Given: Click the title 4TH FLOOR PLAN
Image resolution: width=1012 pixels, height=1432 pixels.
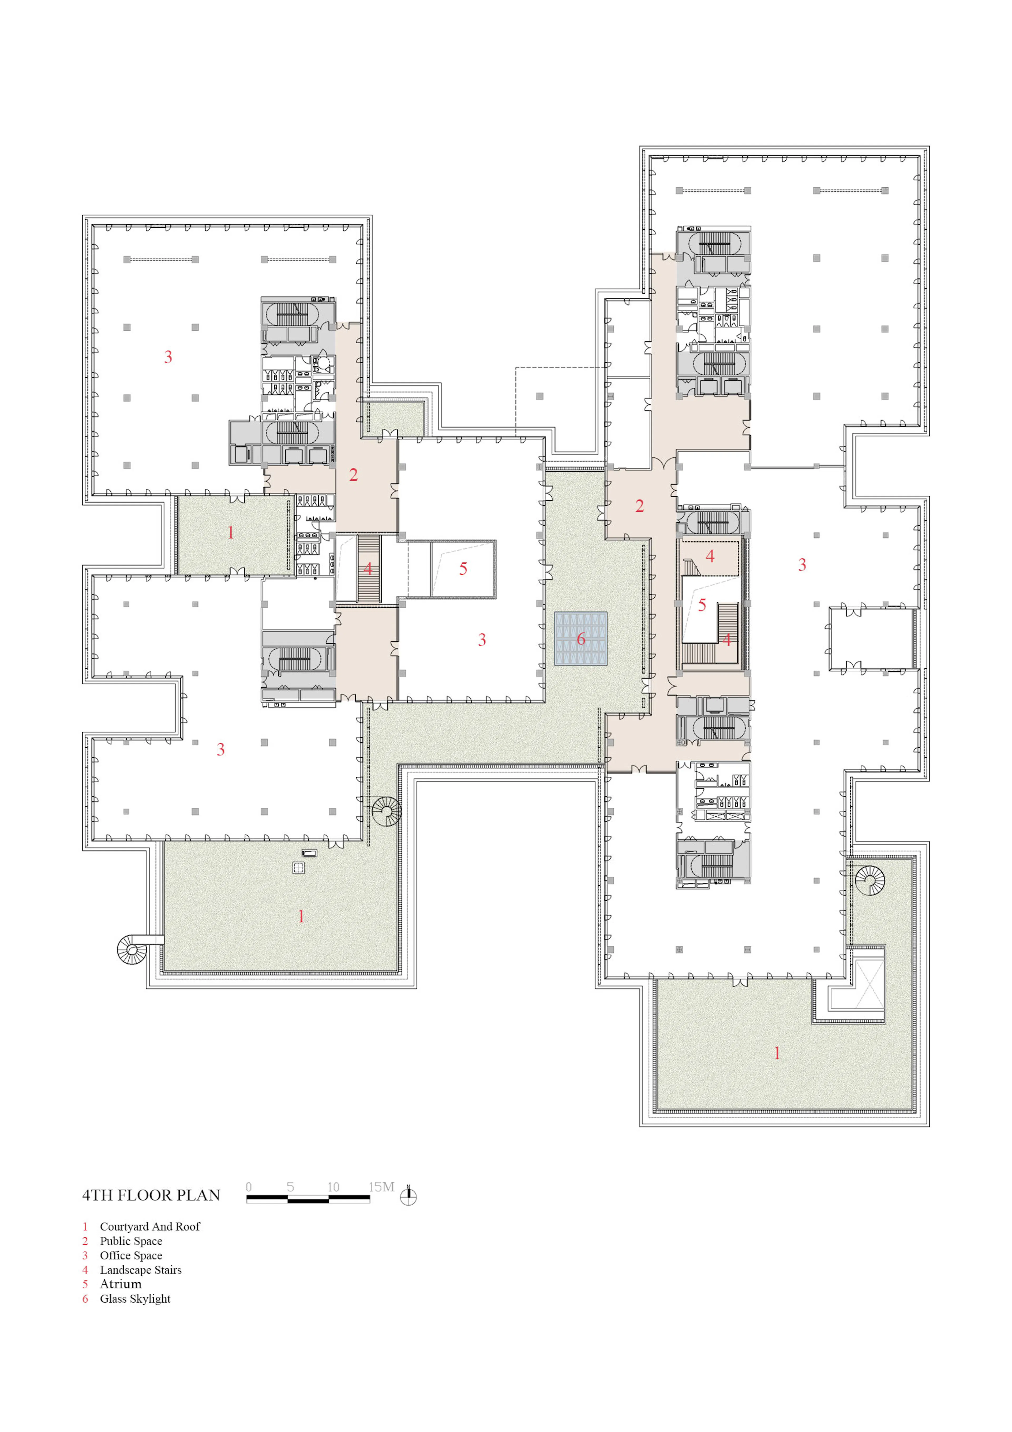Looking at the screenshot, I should click(152, 1195).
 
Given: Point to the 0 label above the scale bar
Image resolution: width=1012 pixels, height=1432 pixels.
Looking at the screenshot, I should click(249, 1187).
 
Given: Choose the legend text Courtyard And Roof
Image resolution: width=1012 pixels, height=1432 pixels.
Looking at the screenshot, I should click(150, 1226).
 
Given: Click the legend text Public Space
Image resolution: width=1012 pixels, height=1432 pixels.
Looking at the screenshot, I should click(131, 1241).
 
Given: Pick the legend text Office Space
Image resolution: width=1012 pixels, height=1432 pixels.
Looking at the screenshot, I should click(131, 1255).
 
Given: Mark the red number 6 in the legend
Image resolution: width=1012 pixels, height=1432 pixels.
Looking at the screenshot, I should click(85, 1299).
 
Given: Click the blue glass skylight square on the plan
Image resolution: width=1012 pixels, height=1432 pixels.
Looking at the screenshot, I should click(581, 639).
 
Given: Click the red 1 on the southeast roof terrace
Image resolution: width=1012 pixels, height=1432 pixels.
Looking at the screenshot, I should click(777, 1053).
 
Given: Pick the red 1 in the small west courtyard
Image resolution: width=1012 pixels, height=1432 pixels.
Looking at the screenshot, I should click(231, 532).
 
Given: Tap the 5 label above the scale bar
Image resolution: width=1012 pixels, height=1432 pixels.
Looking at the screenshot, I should click(291, 1187).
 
